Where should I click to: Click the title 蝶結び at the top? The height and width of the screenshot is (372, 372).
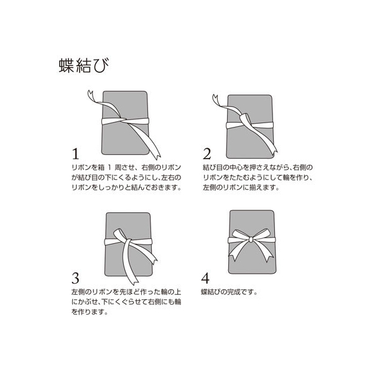tap(84, 65)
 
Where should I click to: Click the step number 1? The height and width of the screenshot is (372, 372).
tap(75, 154)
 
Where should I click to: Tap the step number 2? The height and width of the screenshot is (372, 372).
tap(207, 154)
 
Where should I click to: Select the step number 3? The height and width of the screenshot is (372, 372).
tap(75, 278)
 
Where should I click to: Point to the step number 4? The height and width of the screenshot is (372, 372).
tap(205, 278)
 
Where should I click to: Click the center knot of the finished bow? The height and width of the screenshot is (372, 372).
tap(251, 239)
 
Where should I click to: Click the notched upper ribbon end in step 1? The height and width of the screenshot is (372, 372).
tap(91, 95)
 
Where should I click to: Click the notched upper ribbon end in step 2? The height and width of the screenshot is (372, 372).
tap(216, 99)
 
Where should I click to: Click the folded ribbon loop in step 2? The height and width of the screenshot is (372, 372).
tap(245, 118)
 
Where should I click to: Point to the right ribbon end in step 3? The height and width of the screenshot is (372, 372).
tap(154, 260)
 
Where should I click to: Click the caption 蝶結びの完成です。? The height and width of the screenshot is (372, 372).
tap(229, 292)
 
